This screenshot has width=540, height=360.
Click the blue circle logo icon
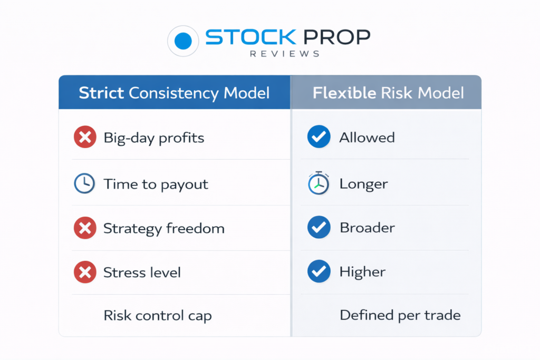(183, 41)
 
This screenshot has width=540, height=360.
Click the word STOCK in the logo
(250, 37)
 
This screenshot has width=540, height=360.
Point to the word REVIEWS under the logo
(285, 54)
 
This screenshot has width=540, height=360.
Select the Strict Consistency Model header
(174, 93)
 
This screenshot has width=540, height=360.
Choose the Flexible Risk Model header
(388, 93)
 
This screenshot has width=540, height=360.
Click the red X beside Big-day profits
(85, 137)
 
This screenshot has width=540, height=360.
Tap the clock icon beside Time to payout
(84, 183)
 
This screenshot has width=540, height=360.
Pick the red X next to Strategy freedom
(85, 228)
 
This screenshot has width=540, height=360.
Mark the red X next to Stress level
(85, 272)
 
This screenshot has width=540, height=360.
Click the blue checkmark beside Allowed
(319, 137)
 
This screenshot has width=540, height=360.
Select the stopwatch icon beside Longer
(319, 183)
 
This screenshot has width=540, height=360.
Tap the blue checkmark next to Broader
(319, 227)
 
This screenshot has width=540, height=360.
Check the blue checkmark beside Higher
(319, 271)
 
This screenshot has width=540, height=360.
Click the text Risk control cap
(158, 316)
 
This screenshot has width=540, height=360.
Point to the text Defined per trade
(400, 315)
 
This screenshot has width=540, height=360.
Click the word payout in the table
(184, 185)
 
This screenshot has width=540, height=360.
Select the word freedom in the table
(195, 228)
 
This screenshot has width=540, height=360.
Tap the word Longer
(364, 184)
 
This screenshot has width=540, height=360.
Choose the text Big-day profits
(154, 138)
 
